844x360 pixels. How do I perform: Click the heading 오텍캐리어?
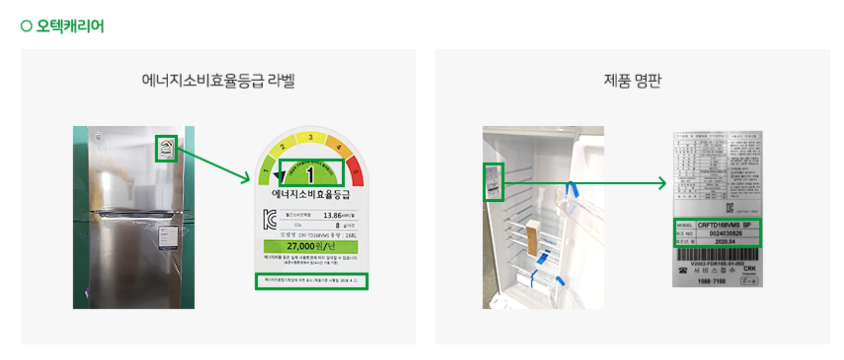pyautogui.click(x=70, y=26)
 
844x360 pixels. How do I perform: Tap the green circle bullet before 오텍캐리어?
pyautogui.click(x=26, y=26)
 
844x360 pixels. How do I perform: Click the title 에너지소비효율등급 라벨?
pyautogui.click(x=218, y=80)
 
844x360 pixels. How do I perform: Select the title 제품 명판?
pyautogui.click(x=632, y=80)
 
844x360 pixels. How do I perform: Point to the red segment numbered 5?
pyautogui.click(x=356, y=171)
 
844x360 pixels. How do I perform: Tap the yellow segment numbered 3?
pyautogui.click(x=310, y=137)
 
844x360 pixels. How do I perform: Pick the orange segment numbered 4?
pyautogui.click(x=339, y=147)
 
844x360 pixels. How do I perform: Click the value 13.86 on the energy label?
pyautogui.click(x=332, y=215)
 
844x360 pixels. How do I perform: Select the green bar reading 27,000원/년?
pyautogui.click(x=310, y=246)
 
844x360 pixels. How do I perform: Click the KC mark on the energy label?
pyautogui.click(x=270, y=219)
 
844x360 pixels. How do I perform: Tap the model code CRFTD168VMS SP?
pyautogui.click(x=724, y=225)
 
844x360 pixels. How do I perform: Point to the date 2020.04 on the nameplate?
pyautogui.click(x=725, y=242)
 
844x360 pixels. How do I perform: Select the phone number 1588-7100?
pyautogui.click(x=711, y=281)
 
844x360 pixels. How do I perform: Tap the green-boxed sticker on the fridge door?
pyautogui.click(x=166, y=148)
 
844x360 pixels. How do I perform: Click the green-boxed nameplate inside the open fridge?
pyautogui.click(x=493, y=182)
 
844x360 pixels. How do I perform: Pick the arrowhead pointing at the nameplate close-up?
pyautogui.click(x=662, y=183)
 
